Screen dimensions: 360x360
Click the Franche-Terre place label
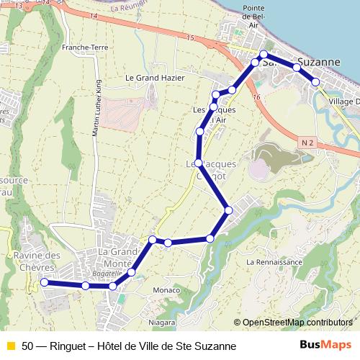(x=85, y=48)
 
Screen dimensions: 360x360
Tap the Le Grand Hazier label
(x=155, y=78)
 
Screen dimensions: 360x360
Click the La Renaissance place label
(x=274, y=262)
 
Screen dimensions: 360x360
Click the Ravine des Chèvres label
(x=36, y=261)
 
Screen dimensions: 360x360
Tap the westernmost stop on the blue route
(x=44, y=283)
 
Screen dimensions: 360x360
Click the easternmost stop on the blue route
(x=315, y=81)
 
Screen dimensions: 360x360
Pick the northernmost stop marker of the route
(x=264, y=55)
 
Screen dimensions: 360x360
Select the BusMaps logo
(x=326, y=346)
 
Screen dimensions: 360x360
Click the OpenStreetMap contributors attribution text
(x=297, y=323)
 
